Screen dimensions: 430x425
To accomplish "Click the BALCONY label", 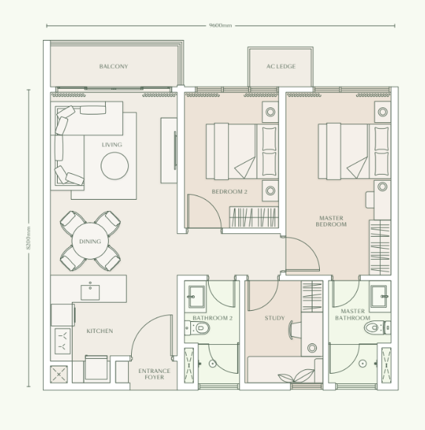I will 113,67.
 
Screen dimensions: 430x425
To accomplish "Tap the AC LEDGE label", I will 281,67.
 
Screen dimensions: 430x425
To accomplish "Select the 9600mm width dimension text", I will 221,26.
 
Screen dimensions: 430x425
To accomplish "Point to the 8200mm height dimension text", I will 30,238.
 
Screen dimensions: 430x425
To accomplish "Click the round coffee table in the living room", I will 116,167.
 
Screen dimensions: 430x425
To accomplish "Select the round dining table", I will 90,241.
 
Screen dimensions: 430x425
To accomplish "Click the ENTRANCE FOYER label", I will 155,374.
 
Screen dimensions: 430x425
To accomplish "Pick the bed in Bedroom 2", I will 232,150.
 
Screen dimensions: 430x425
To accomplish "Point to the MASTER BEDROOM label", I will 331,221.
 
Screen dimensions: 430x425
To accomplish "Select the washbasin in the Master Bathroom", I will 379,295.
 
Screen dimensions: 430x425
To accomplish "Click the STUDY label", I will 275,319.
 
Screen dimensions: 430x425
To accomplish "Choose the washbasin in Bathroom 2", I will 196,295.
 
